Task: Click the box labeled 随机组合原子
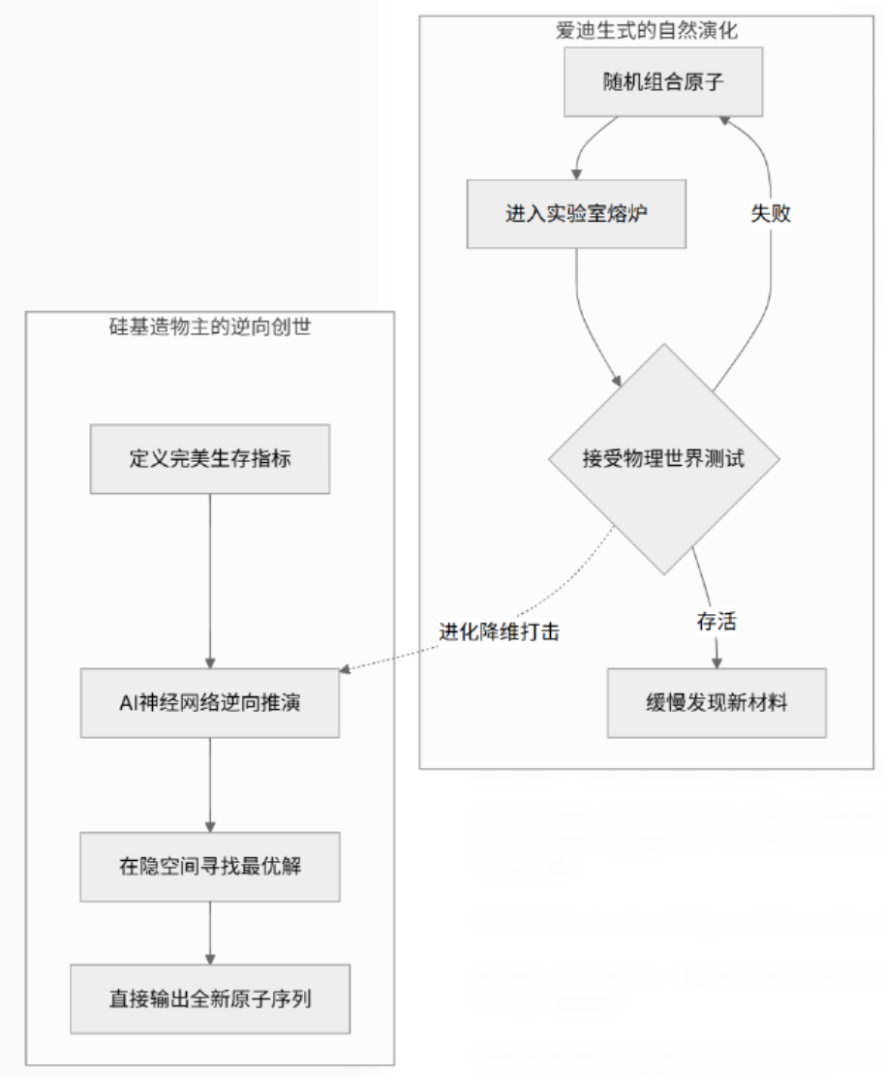coord(663,81)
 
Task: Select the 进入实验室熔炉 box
coord(576,214)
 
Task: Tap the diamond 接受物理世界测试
coord(663,458)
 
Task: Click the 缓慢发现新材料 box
coord(716,703)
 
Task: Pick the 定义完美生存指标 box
coord(210,459)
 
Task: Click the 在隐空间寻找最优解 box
coord(210,866)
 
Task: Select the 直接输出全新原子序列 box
coord(210,999)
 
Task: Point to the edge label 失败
coord(771,214)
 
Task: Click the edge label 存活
coord(716,621)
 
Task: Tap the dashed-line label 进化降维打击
coord(499,631)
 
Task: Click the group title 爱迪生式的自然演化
coord(647,31)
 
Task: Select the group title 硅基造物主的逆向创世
coord(210,327)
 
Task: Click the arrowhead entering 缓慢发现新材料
coord(716,662)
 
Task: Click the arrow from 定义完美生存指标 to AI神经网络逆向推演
coord(210,581)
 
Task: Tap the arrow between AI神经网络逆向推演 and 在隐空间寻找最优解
coord(210,784)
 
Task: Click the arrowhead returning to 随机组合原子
coord(725,120)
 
